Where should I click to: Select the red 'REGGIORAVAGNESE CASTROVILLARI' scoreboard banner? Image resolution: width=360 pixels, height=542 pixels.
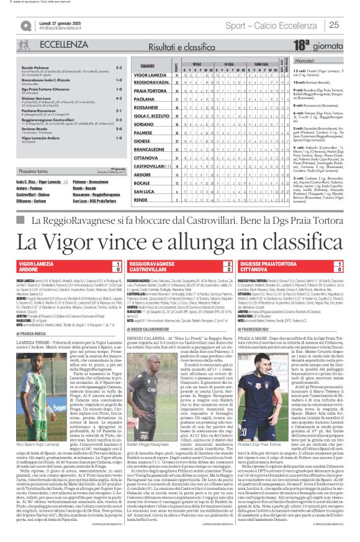point(179,267)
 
